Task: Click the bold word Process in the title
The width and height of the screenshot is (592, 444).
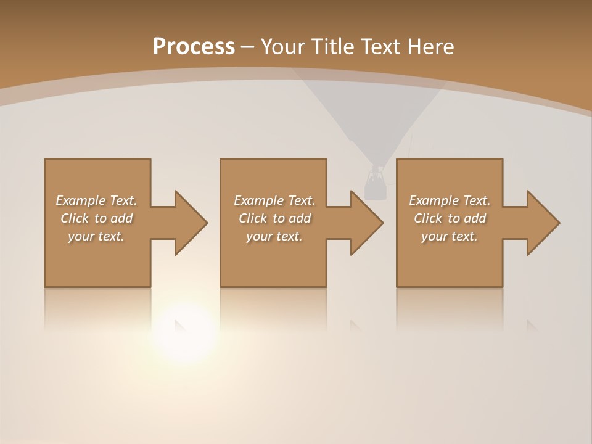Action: (194, 47)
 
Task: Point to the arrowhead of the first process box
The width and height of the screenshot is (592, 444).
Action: (191, 223)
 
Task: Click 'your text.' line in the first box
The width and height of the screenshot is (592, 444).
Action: (96, 236)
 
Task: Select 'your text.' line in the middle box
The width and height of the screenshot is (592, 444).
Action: (274, 236)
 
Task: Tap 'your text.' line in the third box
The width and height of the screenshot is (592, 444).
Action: (450, 236)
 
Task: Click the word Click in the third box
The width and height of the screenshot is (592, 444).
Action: (428, 218)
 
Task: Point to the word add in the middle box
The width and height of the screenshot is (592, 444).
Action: (299, 218)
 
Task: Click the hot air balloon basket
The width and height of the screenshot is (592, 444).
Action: (374, 185)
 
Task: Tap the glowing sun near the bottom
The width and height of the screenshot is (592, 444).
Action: (184, 333)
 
